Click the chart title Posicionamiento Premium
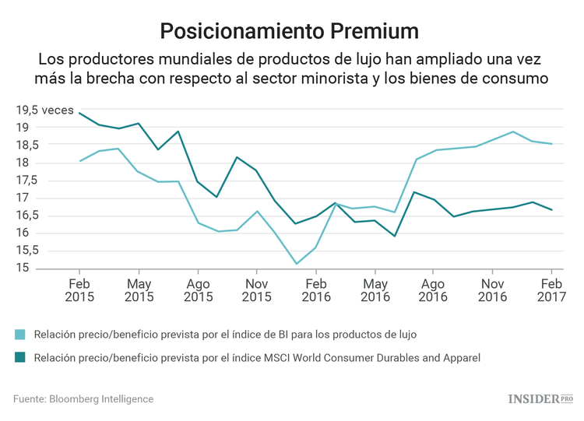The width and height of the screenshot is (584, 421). (x=290, y=30)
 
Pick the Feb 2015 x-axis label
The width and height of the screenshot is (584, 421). (x=79, y=289)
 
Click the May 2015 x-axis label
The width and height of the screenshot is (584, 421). (x=139, y=289)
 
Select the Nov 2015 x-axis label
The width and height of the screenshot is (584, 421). (x=256, y=289)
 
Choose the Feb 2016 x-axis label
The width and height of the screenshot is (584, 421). (x=315, y=289)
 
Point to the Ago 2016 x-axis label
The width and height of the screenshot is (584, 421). (x=433, y=289)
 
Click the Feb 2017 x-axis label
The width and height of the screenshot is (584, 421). (x=551, y=289)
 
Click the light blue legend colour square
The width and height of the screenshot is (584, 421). (x=19, y=335)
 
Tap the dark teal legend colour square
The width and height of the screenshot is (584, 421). (x=19, y=358)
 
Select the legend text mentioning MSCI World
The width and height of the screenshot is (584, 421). (x=258, y=358)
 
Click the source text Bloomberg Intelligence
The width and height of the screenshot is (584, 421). (x=83, y=399)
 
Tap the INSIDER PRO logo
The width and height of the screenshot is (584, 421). (x=540, y=399)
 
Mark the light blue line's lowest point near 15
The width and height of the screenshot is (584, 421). (x=296, y=264)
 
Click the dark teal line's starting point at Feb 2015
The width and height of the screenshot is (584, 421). (x=79, y=113)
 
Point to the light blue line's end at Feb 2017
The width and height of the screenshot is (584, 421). (x=551, y=144)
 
